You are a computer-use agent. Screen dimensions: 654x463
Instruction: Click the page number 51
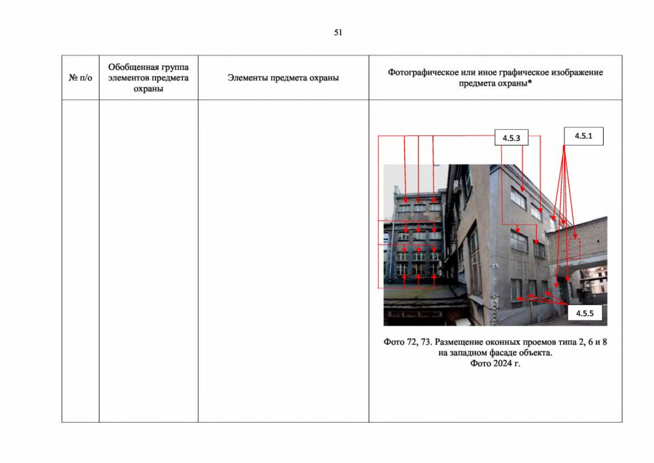338,32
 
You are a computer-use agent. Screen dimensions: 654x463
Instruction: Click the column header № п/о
80,78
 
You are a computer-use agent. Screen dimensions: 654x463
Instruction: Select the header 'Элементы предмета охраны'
283,78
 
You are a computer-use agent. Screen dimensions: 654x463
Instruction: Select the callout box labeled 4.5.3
511,138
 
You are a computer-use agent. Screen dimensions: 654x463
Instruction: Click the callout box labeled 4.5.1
583,136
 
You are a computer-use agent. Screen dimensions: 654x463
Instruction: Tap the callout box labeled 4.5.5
585,313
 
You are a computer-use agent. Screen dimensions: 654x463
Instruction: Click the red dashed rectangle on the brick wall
575,249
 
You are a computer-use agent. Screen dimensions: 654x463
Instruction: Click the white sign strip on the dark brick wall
415,314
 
